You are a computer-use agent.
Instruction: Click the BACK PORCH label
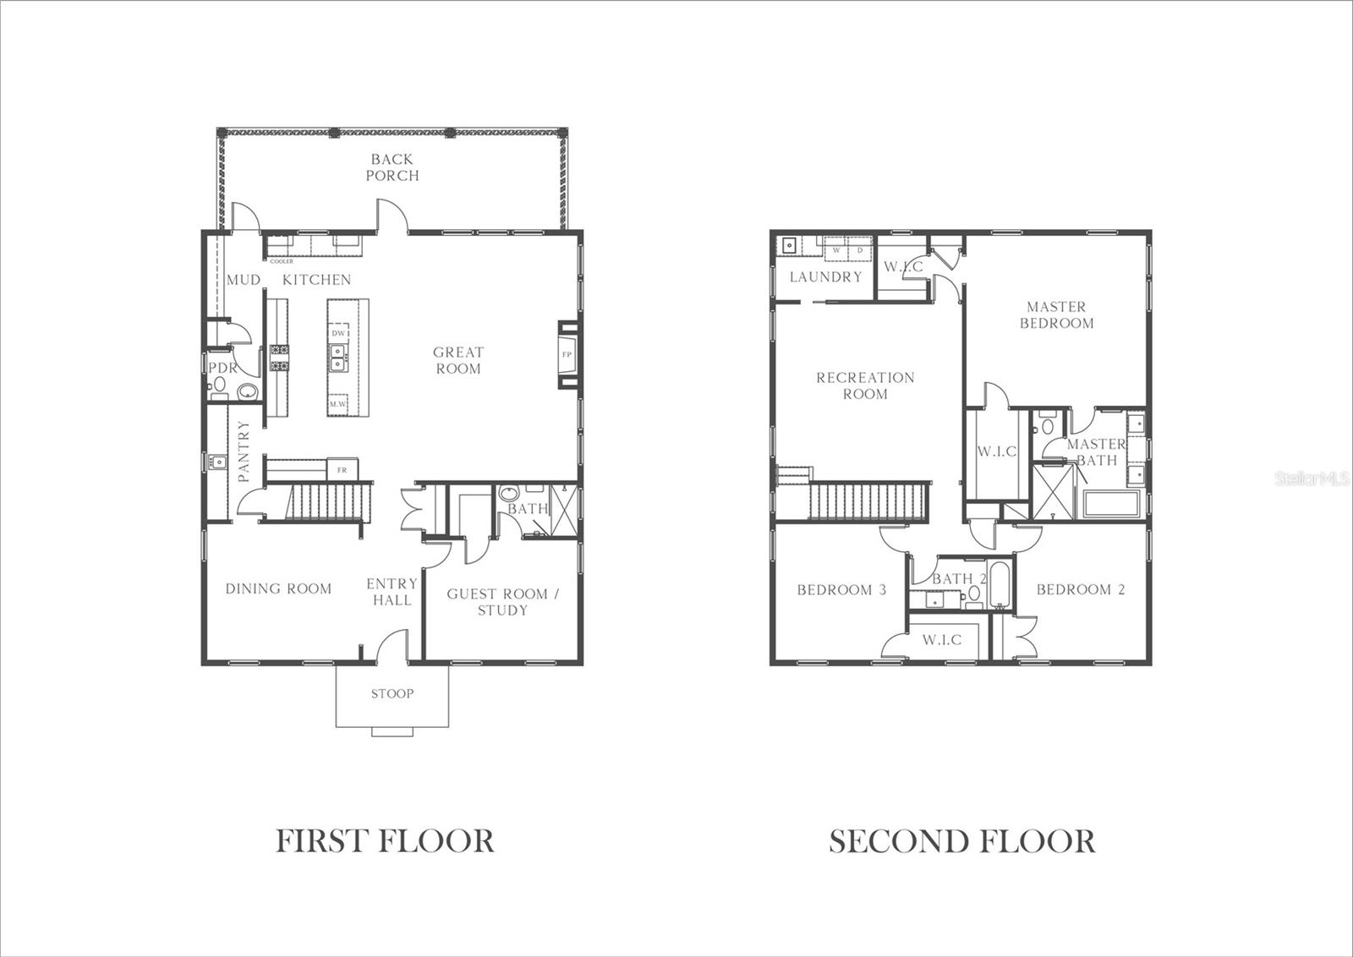[392, 167]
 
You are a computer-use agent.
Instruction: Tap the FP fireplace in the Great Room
[567, 354]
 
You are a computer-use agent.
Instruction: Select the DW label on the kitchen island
[338, 333]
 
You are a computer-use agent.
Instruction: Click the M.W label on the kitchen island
[338, 405]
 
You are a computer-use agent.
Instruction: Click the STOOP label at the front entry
[392, 694]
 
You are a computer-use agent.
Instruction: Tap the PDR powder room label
[222, 369]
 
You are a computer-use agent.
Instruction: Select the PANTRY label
[244, 451]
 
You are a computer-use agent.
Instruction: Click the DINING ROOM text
[278, 589]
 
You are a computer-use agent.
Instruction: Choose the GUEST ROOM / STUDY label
[503, 602]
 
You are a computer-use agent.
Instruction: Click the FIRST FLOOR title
[385, 841]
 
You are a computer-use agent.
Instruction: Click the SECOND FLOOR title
[962, 841]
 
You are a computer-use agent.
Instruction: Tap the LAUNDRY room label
[825, 277]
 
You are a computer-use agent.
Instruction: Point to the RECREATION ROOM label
[865, 386]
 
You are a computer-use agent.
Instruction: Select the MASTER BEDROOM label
[1056, 314]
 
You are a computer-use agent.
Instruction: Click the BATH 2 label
[960, 579]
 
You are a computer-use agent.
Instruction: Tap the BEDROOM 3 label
[841, 590]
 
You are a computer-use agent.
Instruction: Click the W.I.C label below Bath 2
[942, 640]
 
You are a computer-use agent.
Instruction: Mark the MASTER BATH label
[1096, 452]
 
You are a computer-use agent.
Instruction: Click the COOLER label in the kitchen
[282, 262]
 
